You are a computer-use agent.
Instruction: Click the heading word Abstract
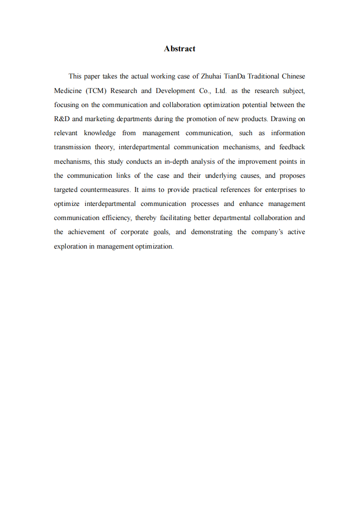(180, 49)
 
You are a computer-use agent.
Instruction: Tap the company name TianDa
(235, 77)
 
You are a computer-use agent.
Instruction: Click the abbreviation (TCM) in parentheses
(95, 91)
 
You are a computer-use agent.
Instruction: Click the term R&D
(61, 119)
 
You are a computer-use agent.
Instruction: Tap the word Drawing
(283, 119)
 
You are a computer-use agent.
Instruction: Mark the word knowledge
(100, 133)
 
